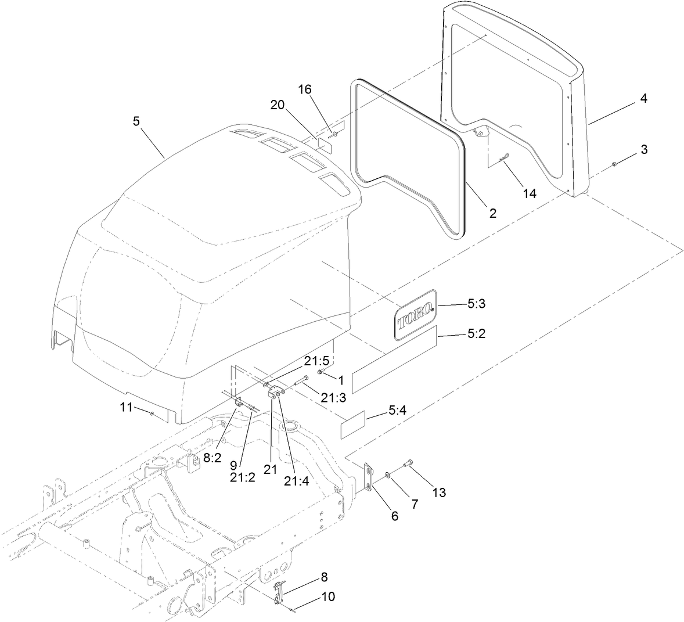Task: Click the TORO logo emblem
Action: [415, 314]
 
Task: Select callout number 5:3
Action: [477, 303]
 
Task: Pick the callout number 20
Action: [278, 104]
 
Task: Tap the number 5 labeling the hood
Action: [136, 121]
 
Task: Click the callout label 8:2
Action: [212, 458]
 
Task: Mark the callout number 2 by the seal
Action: [492, 213]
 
